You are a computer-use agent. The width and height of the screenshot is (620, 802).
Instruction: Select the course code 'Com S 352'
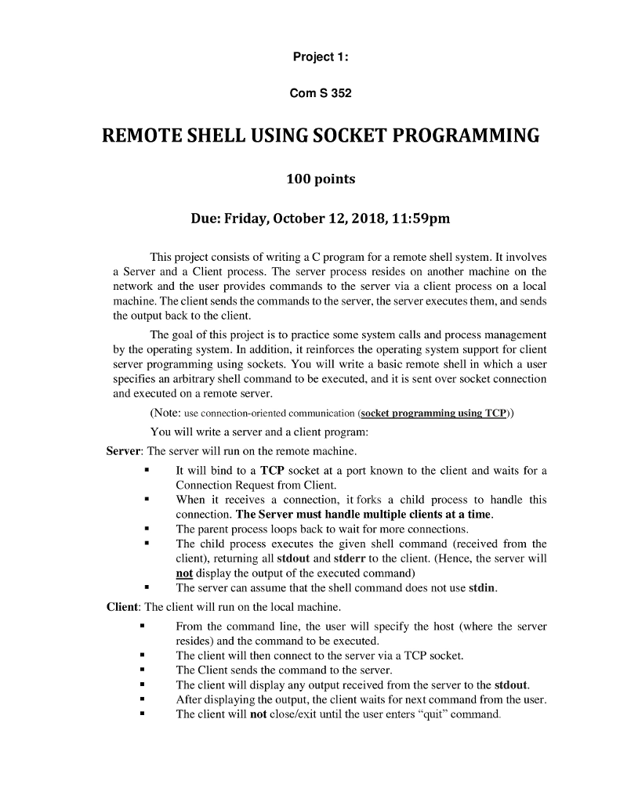pyautogui.click(x=321, y=94)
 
